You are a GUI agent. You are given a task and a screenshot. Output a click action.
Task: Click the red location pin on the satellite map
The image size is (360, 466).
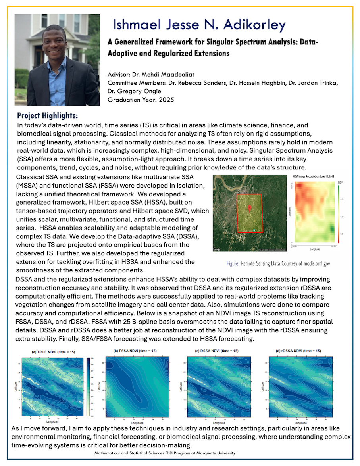pyautogui.click(x=250, y=209)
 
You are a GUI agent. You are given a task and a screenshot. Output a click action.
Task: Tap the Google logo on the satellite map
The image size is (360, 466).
pyautogui.click(x=217, y=249)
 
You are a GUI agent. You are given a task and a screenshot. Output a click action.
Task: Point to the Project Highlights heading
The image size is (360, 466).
pyautogui.click(x=48, y=116)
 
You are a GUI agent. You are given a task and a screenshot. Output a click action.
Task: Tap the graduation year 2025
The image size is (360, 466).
pyautogui.click(x=164, y=100)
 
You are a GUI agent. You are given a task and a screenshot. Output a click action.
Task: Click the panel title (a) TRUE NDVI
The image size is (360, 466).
pyautogui.click(x=53, y=352)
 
